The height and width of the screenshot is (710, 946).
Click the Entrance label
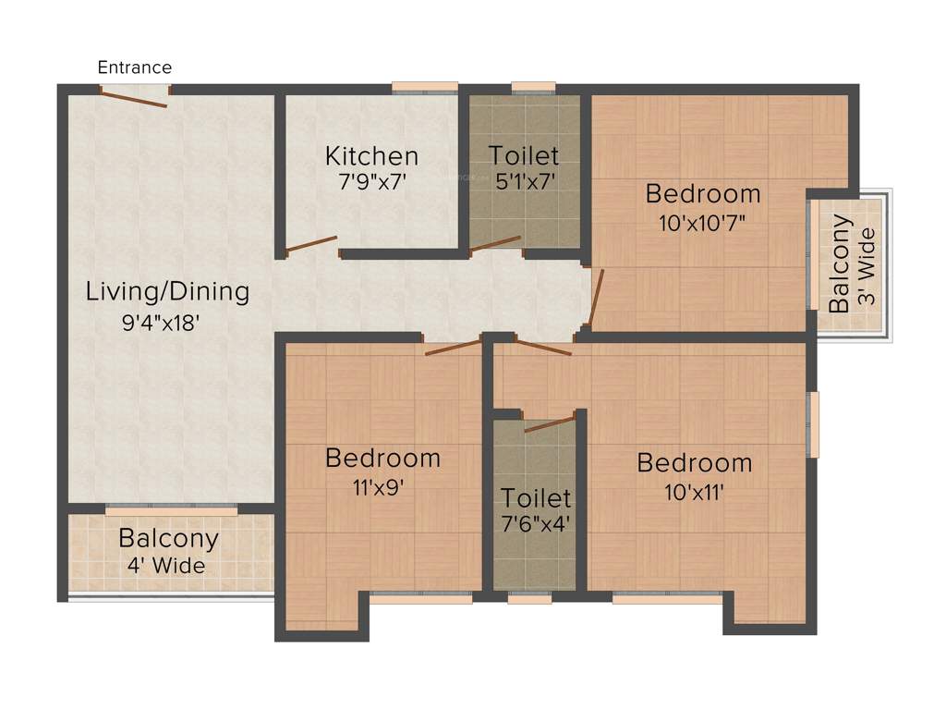pyautogui.click(x=135, y=67)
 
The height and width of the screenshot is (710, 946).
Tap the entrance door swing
pyautogui.click(x=134, y=97)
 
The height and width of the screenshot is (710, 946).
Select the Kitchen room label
pyautogui.click(x=371, y=155)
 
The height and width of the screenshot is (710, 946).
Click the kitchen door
pyautogui.click(x=311, y=244)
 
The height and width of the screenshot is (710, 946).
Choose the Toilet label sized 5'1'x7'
pyautogui.click(x=524, y=154)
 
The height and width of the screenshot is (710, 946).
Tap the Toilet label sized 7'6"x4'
pyautogui.click(x=536, y=498)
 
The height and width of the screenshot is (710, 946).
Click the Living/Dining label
pyautogui.click(x=167, y=291)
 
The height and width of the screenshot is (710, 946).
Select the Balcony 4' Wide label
pyautogui.click(x=168, y=538)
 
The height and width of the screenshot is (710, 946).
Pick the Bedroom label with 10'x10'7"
pyautogui.click(x=703, y=193)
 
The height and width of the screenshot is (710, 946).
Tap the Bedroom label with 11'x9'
pyautogui.click(x=382, y=458)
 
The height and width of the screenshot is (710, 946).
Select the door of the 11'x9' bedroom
pyautogui.click(x=453, y=348)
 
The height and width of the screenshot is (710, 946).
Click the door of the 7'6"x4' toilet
pyautogui.click(x=550, y=424)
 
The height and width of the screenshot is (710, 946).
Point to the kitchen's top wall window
pyautogui.click(x=424, y=88)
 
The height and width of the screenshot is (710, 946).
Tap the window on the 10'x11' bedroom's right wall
pyautogui.click(x=813, y=424)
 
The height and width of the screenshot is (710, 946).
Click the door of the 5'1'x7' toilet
pyautogui.click(x=495, y=243)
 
